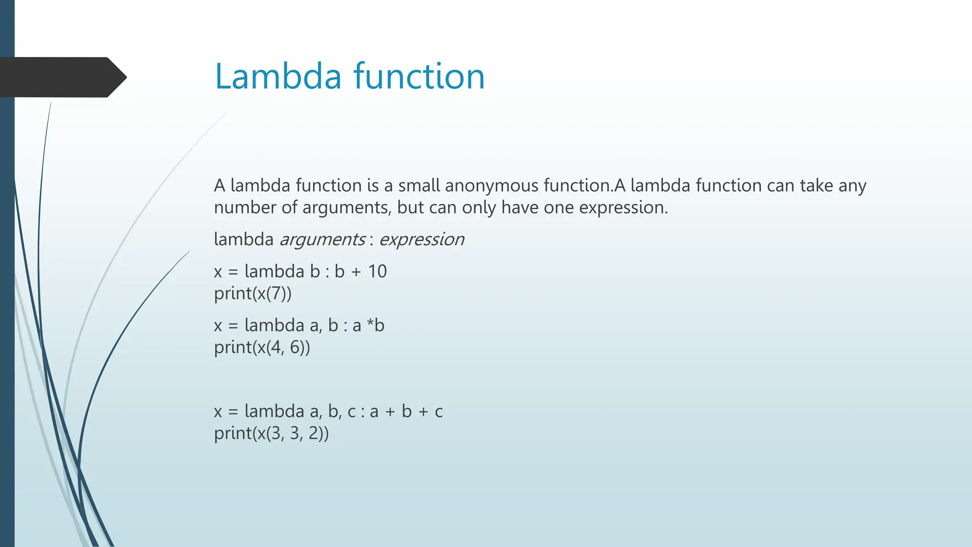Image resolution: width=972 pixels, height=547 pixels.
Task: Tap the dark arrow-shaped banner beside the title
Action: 62,77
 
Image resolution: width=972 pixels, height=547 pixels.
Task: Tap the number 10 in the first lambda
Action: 377,272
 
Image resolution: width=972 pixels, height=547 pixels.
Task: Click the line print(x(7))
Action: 252,294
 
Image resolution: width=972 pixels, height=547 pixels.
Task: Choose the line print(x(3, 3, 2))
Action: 271,434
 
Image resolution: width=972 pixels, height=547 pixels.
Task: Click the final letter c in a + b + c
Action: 439,412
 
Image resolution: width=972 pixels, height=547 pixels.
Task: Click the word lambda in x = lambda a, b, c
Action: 274,411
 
